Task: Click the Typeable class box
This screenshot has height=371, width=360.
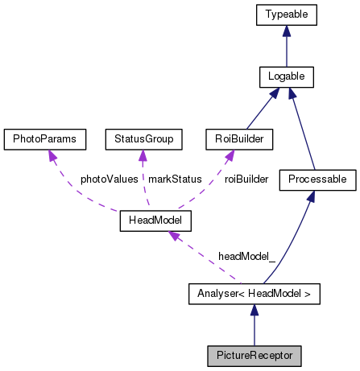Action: click(286, 14)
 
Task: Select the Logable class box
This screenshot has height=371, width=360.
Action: click(286, 77)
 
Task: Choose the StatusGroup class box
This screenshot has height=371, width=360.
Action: click(142, 138)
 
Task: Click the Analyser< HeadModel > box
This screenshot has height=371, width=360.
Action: click(254, 294)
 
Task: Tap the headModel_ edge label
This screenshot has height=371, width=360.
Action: click(246, 256)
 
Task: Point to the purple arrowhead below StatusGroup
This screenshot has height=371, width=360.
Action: click(143, 156)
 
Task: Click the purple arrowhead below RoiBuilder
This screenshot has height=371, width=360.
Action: click(228, 156)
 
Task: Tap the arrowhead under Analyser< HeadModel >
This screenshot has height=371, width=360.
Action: click(254, 311)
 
